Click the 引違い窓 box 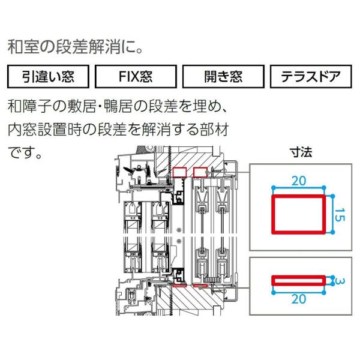pyautogui.click(x=48, y=76)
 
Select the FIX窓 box pyautogui.click(x=136, y=76)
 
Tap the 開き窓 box pyautogui.click(x=223, y=76)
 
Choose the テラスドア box pyautogui.click(x=311, y=76)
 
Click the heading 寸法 pyautogui.click(x=301, y=152)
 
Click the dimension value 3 pyautogui.click(x=340, y=281)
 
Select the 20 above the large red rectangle pyautogui.click(x=299, y=181)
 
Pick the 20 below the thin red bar pyautogui.click(x=299, y=299)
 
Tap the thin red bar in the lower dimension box pyautogui.click(x=298, y=277)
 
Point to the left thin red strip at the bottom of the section pyautogui.click(x=179, y=286)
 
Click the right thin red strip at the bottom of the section pyautogui.click(x=200, y=286)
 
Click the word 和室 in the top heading pyautogui.click(x=22, y=47)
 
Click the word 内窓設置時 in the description pyautogui.click(x=45, y=130)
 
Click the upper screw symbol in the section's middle pyautogui.click(x=179, y=230)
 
